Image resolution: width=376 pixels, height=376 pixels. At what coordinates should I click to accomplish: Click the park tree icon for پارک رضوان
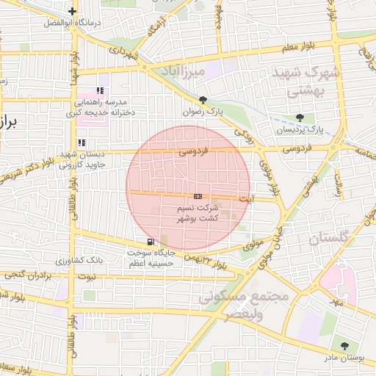tap(203, 100)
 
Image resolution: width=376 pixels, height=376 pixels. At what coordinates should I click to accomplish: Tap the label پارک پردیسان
tap(300, 129)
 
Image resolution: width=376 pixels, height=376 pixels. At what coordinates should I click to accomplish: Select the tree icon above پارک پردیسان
tap(300, 117)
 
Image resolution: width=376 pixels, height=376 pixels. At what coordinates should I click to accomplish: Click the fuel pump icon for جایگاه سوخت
tap(151, 242)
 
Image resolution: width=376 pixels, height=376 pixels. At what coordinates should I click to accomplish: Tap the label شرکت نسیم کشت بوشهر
tap(198, 214)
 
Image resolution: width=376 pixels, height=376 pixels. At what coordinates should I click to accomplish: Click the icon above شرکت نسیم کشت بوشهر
tap(198, 197)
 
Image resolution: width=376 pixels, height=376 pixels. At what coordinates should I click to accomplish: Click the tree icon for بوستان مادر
tap(344, 345)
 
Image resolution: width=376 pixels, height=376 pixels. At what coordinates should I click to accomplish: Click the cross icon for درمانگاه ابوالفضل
tap(71, 11)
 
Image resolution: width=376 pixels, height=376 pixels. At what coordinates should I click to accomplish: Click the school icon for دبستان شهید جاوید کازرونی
tap(82, 142)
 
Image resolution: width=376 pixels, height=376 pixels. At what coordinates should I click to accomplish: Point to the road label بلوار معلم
tap(297, 48)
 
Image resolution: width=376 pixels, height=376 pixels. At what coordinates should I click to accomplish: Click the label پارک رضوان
tap(203, 112)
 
